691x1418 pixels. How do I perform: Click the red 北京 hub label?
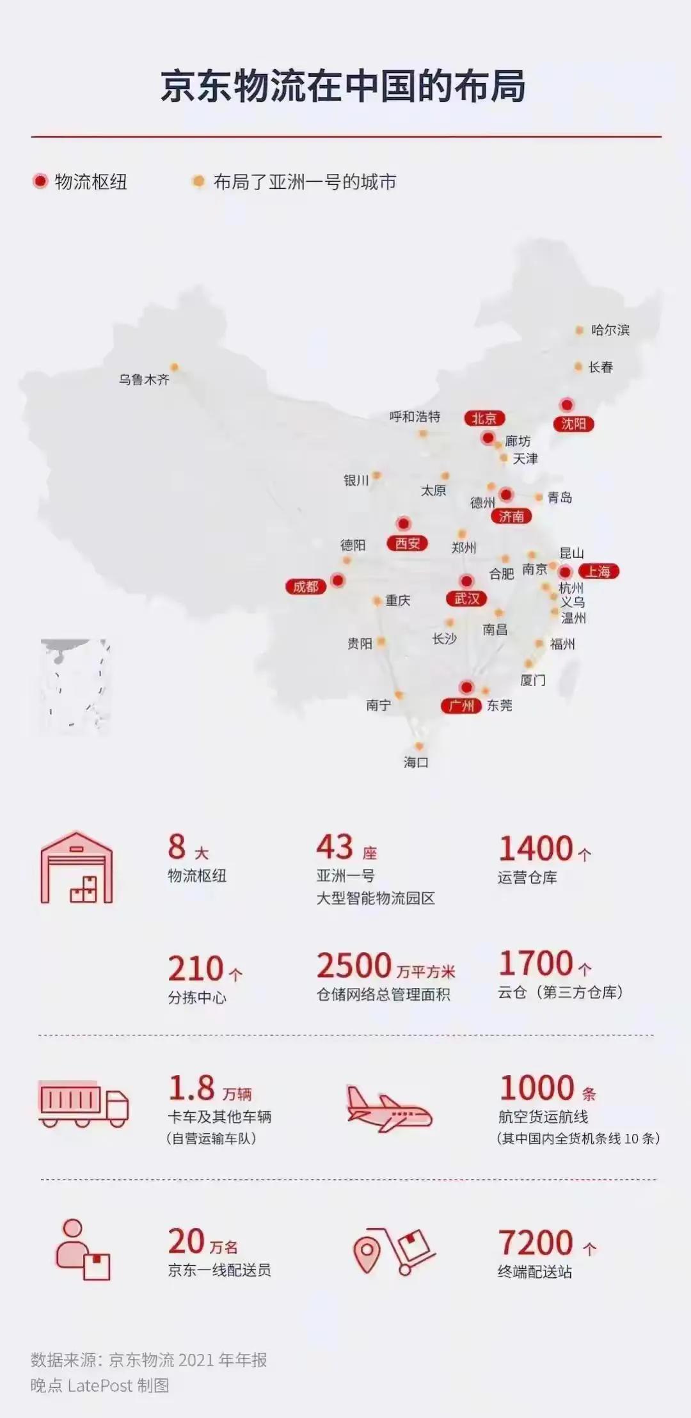484,418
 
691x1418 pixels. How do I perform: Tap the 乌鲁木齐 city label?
144,379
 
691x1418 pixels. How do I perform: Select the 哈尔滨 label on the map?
610,330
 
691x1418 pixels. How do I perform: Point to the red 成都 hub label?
306,587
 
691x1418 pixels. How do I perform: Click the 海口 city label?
416,762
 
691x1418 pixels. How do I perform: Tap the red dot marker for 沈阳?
567,405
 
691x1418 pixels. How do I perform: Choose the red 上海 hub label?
598,571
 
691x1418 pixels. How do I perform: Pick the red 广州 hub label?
461,706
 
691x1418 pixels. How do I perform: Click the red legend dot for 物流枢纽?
40,182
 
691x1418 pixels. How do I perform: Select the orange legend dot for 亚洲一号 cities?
199,182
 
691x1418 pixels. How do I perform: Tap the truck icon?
83,1104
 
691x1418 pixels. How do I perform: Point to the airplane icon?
388,1108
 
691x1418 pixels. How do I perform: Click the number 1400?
536,848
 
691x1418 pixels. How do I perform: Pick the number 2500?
354,966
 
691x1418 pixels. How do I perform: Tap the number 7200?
536,1243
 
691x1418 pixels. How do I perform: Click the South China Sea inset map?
75,686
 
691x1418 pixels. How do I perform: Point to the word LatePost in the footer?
100,1386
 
